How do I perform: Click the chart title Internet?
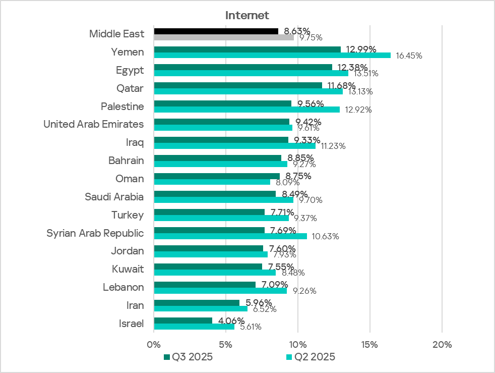pyautogui.click(x=247, y=15)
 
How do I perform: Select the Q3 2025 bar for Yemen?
pyautogui.click(x=247, y=49)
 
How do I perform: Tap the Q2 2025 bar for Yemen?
pyautogui.click(x=272, y=55)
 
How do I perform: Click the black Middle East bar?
pyautogui.click(x=216, y=31)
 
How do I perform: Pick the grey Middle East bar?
pyautogui.click(x=224, y=37)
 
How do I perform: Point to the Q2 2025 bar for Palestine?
pyautogui.click(x=246, y=110)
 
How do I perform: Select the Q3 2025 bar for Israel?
pyautogui.click(x=183, y=321)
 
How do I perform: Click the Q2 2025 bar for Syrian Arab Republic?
pyautogui.click(x=230, y=236)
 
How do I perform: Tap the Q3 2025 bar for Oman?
pyautogui.click(x=217, y=176)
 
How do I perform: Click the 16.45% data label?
pyautogui.click(x=409, y=56)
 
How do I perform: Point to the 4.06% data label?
pyautogui.click(x=231, y=321)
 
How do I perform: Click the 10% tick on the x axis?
pyautogui.click(x=297, y=345)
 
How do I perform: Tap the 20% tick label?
pyautogui.click(x=442, y=345)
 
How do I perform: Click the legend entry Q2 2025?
pyautogui.click(x=311, y=357)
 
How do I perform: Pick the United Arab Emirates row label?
pyautogui.click(x=93, y=124)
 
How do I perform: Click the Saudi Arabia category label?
pyautogui.click(x=114, y=197)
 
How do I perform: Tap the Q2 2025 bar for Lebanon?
pyautogui.click(x=220, y=290)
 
